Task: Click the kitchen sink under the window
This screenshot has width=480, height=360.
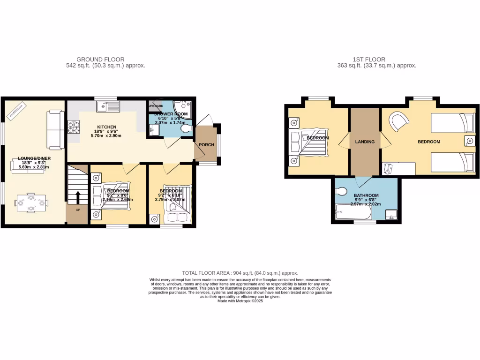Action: pyautogui.click(x=108, y=107)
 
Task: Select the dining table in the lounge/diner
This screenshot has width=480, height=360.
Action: pyautogui.click(x=31, y=203)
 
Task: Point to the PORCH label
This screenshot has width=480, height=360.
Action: pyautogui.click(x=207, y=145)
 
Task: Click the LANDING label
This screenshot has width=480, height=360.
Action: pyautogui.click(x=365, y=142)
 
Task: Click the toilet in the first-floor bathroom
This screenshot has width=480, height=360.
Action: pyautogui.click(x=341, y=191)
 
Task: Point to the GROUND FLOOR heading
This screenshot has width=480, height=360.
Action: pyautogui.click(x=101, y=60)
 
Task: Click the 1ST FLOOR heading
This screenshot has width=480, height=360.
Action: pyautogui.click(x=369, y=60)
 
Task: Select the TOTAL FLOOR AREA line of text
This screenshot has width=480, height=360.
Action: pyautogui.click(x=240, y=273)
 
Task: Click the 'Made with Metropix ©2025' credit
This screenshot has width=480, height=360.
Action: pyautogui.click(x=240, y=301)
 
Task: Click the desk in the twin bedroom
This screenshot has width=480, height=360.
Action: pyautogui.click(x=398, y=168)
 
